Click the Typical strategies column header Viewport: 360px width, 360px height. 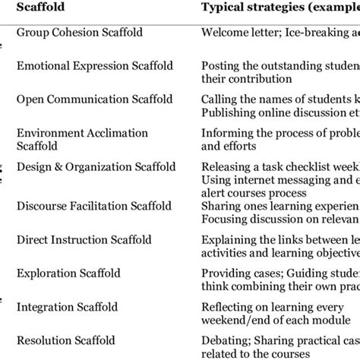(277, 8)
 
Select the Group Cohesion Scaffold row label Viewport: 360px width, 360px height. (77, 33)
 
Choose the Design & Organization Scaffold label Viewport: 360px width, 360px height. (96, 167)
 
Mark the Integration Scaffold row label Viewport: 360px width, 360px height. (67, 307)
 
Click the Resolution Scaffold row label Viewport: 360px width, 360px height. (66, 339)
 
